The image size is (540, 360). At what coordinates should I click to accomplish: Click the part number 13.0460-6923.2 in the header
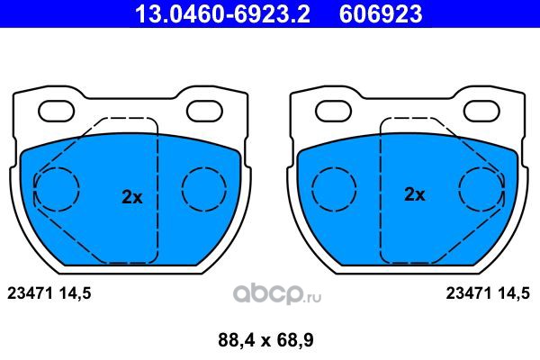coord(223,13)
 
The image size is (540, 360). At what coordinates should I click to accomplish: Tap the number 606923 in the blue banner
coord(381,13)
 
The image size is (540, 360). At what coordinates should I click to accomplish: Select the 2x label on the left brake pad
coord(132,197)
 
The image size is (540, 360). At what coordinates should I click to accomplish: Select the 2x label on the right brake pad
coord(415,194)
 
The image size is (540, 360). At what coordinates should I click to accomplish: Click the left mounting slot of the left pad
coord(57,111)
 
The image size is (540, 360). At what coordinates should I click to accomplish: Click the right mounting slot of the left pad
coord(204,111)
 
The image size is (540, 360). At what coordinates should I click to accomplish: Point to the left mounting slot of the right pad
coord(333,111)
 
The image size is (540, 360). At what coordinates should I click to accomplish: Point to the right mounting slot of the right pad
coord(481,111)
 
